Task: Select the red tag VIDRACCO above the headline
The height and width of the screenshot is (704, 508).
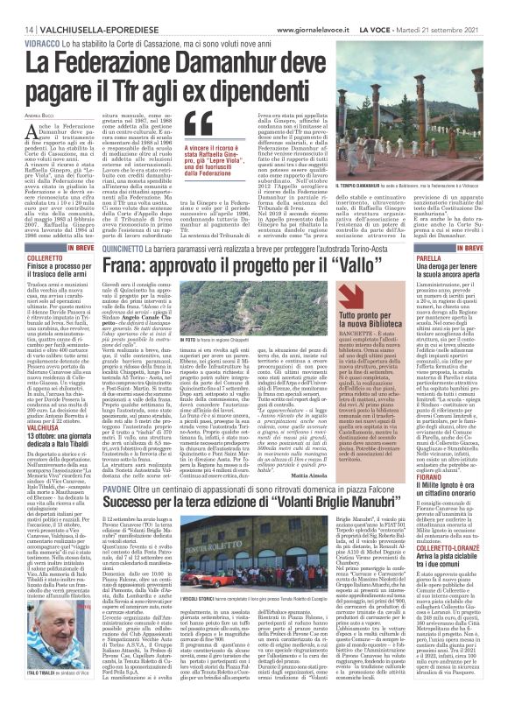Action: click(x=30, y=41)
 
